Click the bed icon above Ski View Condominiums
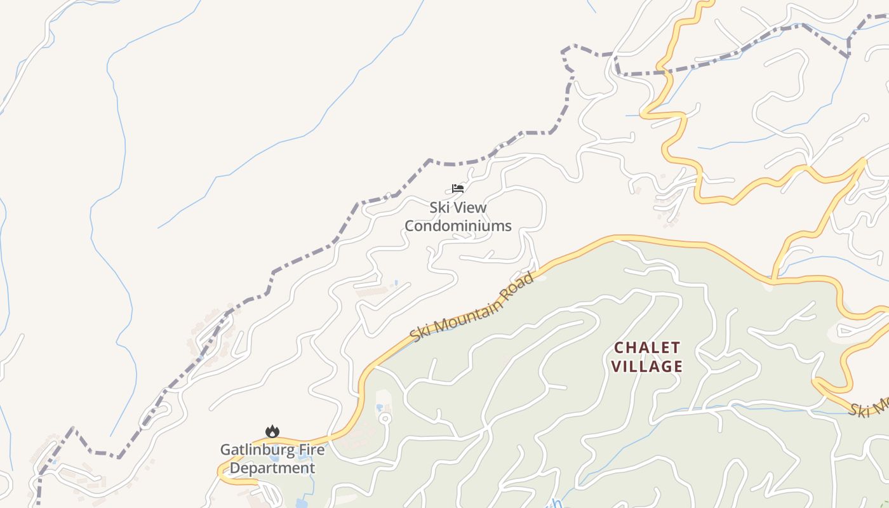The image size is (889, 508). point(458,189)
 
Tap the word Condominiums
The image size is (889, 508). point(458,225)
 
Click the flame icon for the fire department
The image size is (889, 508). point(272,432)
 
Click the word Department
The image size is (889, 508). point(272,468)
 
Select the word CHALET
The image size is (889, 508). point(647,347)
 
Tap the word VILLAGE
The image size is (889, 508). point(647,366)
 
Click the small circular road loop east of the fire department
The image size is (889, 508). point(384,418)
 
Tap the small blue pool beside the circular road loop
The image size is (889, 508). point(380,407)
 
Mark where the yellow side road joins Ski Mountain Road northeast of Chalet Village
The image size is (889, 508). point(773,279)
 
